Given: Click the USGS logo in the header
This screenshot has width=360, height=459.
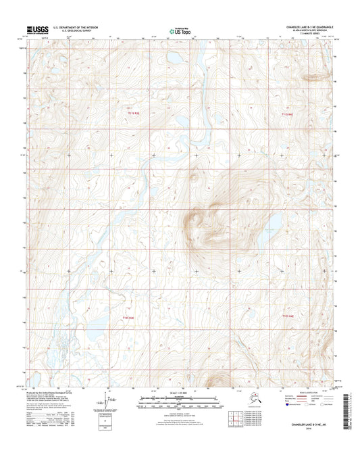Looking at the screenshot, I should (38, 30).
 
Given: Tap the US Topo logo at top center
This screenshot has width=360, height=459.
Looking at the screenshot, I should (179, 30).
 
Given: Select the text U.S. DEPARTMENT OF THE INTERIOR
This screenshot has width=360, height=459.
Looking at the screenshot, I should (80, 28).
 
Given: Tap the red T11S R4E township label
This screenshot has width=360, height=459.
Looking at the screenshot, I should (287, 114).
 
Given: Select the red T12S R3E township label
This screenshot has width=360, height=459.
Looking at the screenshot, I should (128, 317).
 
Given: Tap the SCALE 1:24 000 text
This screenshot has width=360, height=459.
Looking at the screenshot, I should (179, 394).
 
